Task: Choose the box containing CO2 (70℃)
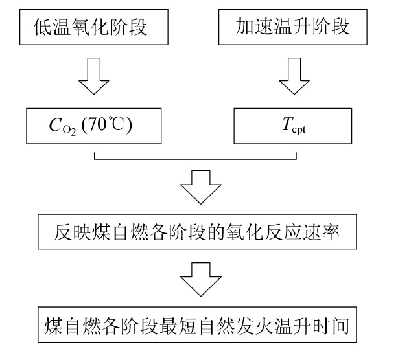click(x=93, y=124)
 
